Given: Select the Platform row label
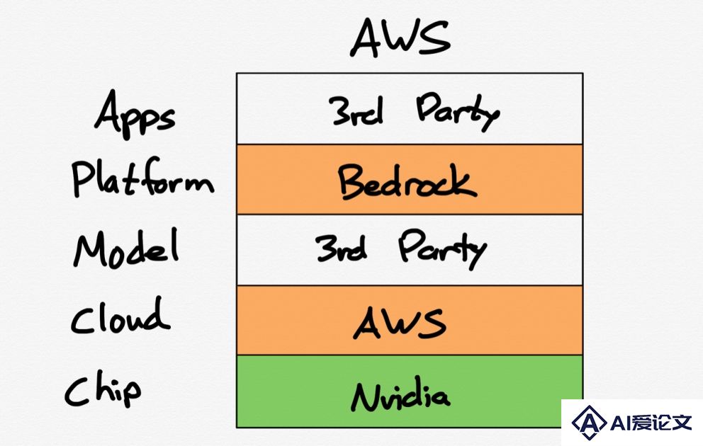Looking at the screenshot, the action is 142,178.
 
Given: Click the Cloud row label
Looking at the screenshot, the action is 120,316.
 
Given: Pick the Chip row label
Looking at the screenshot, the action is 103,391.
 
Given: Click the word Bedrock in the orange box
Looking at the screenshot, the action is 407,181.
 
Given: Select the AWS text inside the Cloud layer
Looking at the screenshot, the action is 400,322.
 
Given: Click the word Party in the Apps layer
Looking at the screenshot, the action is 458,112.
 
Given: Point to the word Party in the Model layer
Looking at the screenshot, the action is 442,249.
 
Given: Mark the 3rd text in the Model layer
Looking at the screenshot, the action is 341,248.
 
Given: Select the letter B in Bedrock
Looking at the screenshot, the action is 353,181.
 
